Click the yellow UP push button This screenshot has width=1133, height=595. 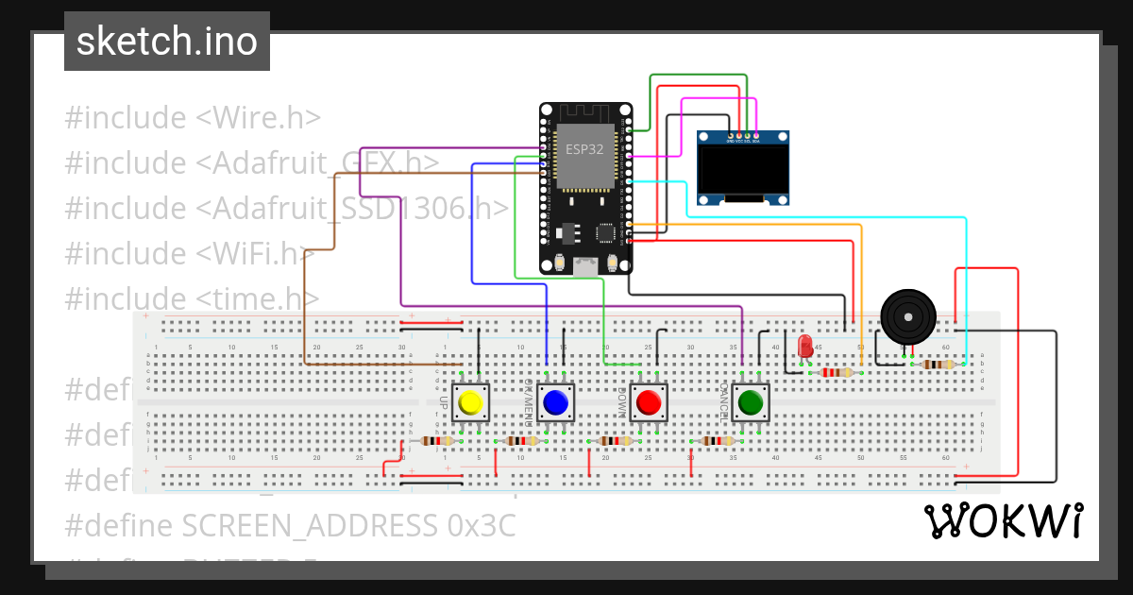click(469, 403)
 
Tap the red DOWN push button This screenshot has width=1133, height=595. click(649, 403)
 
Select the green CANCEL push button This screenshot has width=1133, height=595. click(751, 403)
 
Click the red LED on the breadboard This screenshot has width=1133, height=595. click(805, 346)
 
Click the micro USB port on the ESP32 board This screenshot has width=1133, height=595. click(585, 267)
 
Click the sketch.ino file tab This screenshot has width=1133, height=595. click(167, 42)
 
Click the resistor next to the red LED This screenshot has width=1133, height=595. click(835, 372)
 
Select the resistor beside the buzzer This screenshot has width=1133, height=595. click(937, 365)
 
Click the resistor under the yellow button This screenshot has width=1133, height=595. click(437, 441)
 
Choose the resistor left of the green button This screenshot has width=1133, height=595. click(716, 441)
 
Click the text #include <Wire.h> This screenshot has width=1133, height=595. click(193, 118)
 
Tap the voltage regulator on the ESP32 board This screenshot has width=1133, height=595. click(568, 230)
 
